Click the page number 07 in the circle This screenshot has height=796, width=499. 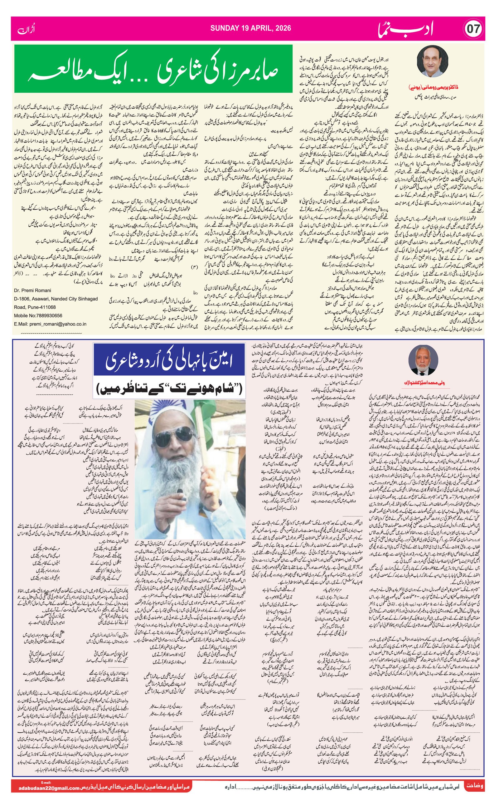point(474,29)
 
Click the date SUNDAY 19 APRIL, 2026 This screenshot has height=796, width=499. point(250,28)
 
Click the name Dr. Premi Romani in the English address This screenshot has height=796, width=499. point(33,291)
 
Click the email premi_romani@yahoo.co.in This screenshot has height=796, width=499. point(58,324)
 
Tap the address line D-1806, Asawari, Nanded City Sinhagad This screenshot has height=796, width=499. point(56,299)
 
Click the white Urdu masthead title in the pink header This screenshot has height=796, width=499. point(406,29)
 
